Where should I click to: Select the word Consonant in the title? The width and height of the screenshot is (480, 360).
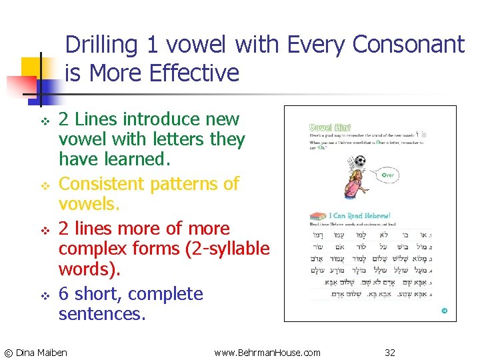407,45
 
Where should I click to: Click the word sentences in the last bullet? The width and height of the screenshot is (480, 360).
101,313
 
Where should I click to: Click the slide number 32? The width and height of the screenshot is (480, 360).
390,352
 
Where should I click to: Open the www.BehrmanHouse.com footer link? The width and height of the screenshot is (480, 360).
267,352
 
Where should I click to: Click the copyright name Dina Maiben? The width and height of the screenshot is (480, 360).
41,352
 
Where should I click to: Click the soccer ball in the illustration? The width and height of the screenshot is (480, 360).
360,161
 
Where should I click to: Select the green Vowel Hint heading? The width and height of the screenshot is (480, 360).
331,127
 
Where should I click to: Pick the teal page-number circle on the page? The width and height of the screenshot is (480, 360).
444,311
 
